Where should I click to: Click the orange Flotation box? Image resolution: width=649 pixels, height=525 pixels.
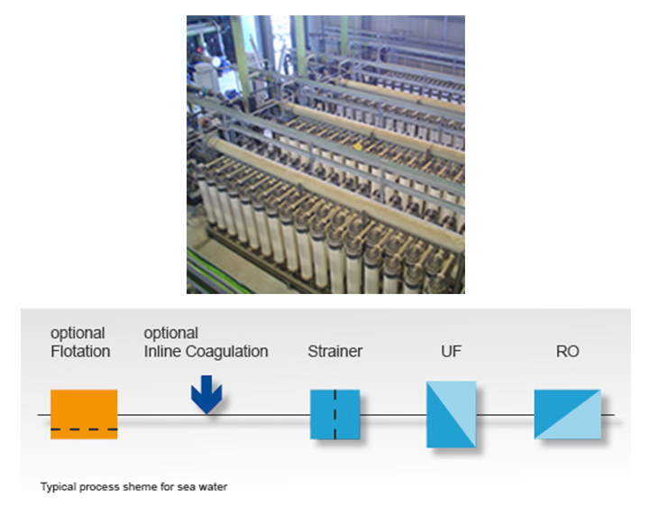click(x=84, y=414)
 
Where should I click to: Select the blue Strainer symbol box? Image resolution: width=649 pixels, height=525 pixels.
click(x=334, y=414)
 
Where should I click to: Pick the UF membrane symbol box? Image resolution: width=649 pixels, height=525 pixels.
click(x=452, y=414)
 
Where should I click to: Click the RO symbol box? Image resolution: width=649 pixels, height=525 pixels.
click(x=567, y=414)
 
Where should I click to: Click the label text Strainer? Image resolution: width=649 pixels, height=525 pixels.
click(x=334, y=351)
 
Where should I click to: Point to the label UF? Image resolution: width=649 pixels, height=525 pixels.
click(x=451, y=351)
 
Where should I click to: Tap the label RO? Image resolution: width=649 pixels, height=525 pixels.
click(x=567, y=351)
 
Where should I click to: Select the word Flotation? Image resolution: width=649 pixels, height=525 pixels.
click(x=80, y=351)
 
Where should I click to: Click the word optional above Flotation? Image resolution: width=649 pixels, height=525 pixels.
click(x=78, y=334)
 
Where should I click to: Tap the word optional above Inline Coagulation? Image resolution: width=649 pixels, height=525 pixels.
click(x=171, y=334)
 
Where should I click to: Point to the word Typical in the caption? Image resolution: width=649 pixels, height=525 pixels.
click(x=56, y=487)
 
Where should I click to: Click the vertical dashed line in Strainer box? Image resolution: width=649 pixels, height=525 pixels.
click(x=334, y=414)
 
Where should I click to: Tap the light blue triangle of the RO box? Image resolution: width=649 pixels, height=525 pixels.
click(x=582, y=422)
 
